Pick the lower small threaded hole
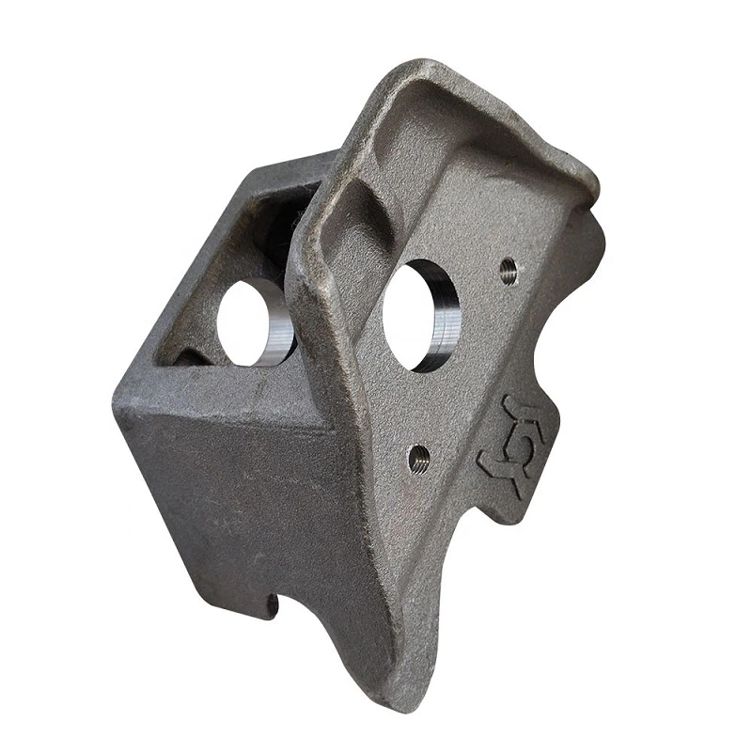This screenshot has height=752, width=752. pyautogui.click(x=419, y=459)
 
